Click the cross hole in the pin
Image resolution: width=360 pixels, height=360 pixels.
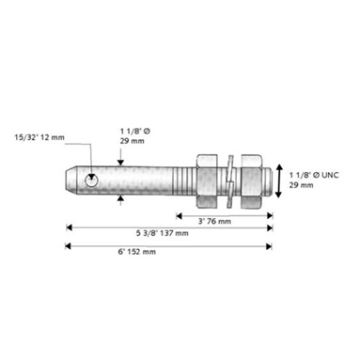coord(91,180)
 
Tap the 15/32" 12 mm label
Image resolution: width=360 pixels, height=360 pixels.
coord(39,137)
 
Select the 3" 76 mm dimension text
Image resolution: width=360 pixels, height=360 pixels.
coord(214,221)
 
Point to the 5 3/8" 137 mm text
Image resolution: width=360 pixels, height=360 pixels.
coord(163,233)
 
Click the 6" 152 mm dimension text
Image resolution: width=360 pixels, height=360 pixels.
coord(137,252)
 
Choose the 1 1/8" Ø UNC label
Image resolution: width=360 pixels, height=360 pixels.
coord(314,175)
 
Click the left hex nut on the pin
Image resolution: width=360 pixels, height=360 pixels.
coord(207,180)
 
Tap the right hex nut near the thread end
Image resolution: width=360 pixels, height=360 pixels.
coord(251,180)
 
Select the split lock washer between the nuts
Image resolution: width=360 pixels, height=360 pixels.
coord(229,180)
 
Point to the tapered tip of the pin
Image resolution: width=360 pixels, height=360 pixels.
coord(70,180)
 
